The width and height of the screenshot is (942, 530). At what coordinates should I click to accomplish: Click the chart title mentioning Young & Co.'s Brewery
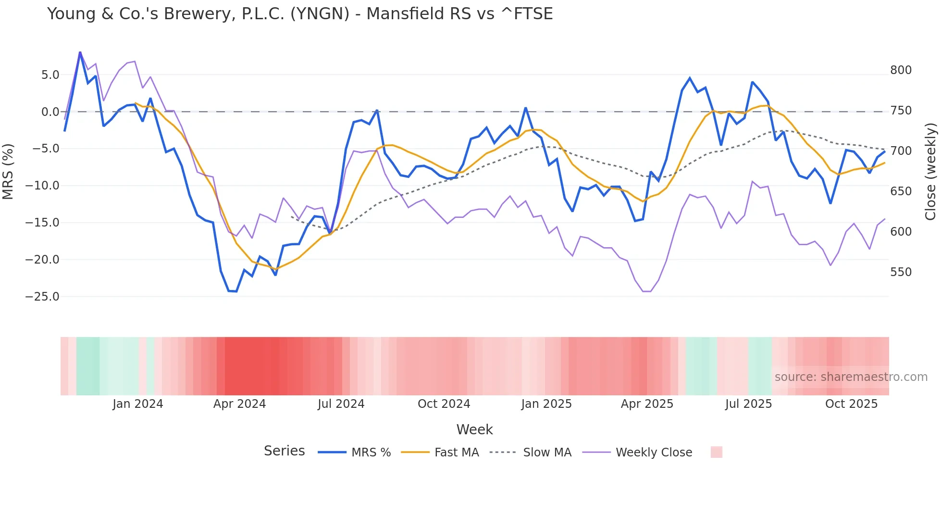tap(300, 14)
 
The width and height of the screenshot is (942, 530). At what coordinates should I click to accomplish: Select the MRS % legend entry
tap(371, 453)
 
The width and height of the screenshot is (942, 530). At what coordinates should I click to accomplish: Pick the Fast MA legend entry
tap(456, 453)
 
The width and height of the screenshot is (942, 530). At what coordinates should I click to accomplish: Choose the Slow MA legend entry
tap(547, 453)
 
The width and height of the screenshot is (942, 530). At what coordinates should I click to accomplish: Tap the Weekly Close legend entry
tap(654, 453)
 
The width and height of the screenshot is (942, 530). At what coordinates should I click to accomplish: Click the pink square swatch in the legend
tap(716, 452)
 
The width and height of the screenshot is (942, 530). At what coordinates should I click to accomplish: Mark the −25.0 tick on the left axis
tap(42, 297)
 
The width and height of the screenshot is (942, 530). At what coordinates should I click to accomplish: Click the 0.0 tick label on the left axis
tap(50, 112)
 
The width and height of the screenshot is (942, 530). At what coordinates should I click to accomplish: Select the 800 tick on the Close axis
tap(901, 70)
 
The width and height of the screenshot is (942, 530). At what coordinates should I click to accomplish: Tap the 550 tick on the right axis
tap(901, 272)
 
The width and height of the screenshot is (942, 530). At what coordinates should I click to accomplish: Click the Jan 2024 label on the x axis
tap(138, 404)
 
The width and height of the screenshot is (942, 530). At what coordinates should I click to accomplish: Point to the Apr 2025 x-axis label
tap(647, 404)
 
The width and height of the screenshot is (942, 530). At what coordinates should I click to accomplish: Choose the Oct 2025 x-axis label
tap(851, 404)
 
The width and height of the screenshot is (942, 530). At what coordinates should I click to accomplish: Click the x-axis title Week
tap(474, 429)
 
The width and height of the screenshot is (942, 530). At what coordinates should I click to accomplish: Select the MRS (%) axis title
tap(8, 171)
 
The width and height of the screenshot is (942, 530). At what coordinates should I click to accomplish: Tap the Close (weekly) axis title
tap(930, 171)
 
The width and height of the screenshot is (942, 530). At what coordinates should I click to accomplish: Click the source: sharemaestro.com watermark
tap(851, 377)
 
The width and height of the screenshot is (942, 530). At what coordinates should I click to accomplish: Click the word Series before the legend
tap(284, 451)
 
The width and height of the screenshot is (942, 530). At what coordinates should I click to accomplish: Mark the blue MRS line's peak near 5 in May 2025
tap(690, 78)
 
